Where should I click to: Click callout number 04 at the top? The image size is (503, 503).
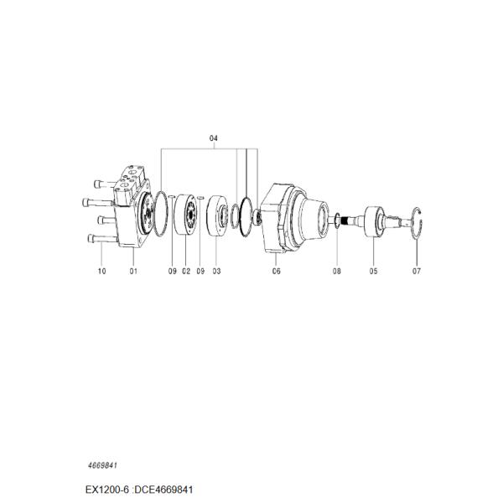coord(213,138)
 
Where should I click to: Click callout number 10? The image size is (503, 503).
coord(101,272)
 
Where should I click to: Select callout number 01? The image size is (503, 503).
coord(133,272)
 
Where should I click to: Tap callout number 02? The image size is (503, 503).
coord(186,272)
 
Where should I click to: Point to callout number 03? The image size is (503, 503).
coord(216,272)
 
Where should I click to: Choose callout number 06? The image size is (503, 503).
coord(276,272)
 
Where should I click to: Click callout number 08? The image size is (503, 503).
coord(336,272)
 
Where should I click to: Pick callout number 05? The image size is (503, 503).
coord(373,272)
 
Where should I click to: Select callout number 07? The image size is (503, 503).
coord(417,272)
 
